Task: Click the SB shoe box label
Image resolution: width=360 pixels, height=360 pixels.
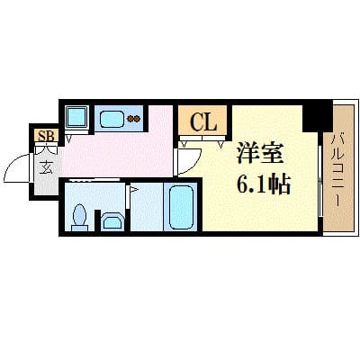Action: (42, 136)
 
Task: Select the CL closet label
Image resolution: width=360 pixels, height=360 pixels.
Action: (203, 121)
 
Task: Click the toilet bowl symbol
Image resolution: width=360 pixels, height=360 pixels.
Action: (79, 216)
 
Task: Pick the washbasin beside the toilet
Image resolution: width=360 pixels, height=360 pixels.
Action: (113, 221)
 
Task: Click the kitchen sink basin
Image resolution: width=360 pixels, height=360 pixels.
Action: (113, 118)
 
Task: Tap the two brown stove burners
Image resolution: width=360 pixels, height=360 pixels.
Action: (135, 118)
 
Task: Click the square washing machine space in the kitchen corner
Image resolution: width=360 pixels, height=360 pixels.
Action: (76, 117)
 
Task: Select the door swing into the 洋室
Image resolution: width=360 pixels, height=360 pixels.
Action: (186, 160)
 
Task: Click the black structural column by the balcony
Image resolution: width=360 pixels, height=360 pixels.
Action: (314, 116)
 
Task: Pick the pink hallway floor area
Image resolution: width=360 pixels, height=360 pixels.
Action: (117, 153)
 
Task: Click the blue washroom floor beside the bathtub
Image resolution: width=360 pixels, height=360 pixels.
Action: (145, 211)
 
